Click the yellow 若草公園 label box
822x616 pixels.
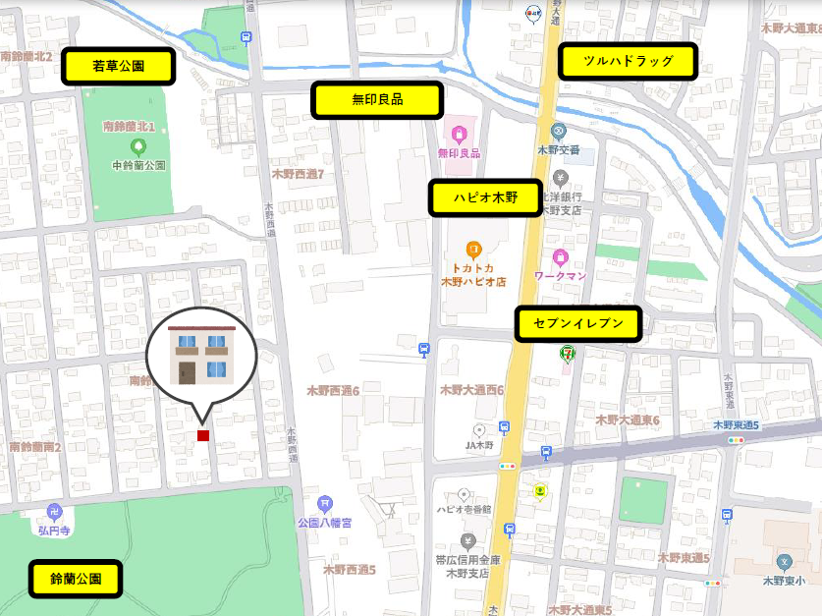(119, 67)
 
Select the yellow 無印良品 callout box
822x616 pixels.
(377, 100)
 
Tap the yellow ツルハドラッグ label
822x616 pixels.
(628, 61)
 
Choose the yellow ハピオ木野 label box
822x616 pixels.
(484, 197)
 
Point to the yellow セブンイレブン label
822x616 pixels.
(578, 323)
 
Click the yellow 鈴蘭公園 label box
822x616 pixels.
(76, 579)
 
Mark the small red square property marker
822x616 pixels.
(203, 435)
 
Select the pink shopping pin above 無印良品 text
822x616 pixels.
(459, 133)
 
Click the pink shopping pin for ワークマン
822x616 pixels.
(560, 257)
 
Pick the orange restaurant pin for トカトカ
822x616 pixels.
(472, 250)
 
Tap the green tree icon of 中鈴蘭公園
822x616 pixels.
(137, 146)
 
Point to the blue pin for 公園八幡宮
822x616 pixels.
(325, 504)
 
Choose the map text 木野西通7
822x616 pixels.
(298, 173)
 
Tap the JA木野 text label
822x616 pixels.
(478, 445)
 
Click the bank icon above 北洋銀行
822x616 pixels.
(560, 178)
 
